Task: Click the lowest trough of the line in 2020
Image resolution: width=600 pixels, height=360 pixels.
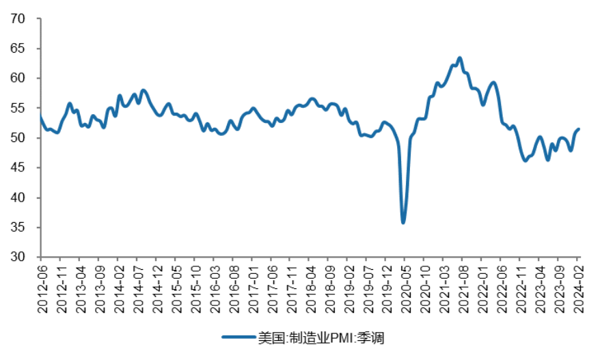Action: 403,223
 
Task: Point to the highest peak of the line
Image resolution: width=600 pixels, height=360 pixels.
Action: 460,58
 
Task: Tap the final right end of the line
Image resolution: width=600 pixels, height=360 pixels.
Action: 579,129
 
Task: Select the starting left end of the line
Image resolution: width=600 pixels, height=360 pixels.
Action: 40,117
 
